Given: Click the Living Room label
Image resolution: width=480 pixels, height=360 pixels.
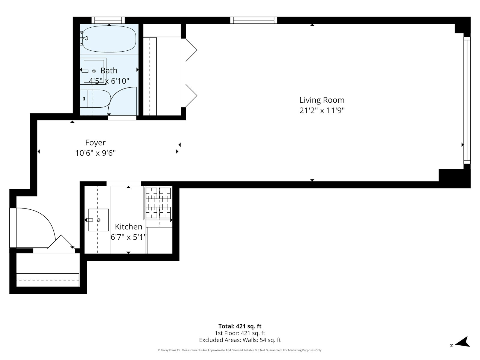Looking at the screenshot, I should click(322, 100).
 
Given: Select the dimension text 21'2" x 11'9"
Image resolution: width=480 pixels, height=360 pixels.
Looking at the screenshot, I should click(322, 110).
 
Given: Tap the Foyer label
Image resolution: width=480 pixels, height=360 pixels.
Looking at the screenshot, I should click(95, 142).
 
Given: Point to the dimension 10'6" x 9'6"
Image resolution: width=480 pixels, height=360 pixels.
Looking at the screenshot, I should click(95, 153).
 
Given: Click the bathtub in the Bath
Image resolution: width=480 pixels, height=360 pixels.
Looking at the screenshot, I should click(109, 39).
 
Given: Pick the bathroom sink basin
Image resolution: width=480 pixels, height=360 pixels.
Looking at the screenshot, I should click(94, 71).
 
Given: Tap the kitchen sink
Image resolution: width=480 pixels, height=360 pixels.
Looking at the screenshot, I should click(98, 220).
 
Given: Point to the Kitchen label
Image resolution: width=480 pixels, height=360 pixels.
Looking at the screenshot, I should click(129, 226).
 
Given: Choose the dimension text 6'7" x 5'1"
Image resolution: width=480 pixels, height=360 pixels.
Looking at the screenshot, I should click(128, 237).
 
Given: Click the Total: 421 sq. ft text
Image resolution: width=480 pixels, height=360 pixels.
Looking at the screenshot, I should click(240, 326).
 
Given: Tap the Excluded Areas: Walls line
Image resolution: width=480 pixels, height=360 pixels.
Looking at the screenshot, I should click(240, 340).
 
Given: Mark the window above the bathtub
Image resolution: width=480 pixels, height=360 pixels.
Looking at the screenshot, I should click(108, 20).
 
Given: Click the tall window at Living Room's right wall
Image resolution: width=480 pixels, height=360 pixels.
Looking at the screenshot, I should click(467, 100).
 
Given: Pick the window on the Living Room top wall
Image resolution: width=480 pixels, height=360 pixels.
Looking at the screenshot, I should click(253, 20).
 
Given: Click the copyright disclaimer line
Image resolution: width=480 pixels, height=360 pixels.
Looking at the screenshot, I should click(240, 350).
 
